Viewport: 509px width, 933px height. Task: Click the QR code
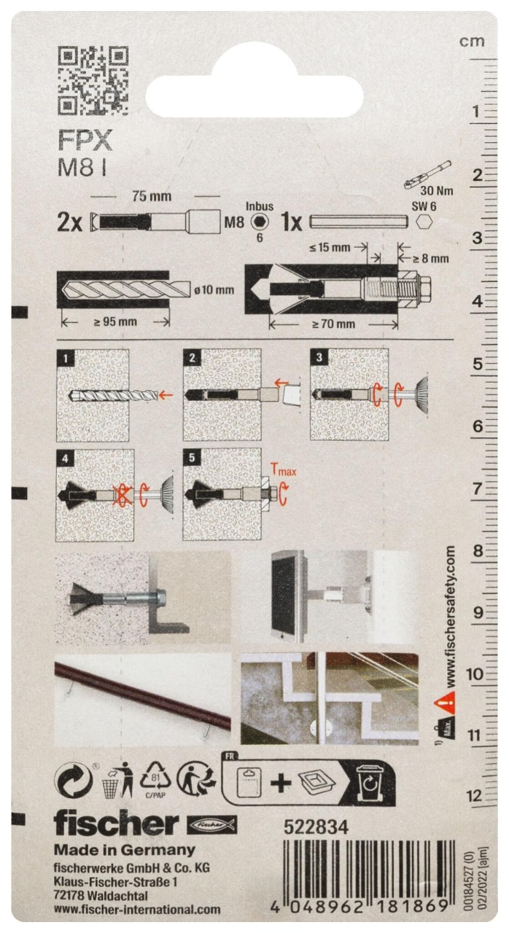click(x=93, y=81)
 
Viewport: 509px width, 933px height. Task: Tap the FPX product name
click(x=85, y=141)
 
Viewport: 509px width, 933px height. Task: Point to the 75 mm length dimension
click(x=152, y=196)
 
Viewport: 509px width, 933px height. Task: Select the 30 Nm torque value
click(x=436, y=191)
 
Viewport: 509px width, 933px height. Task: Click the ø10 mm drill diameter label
click(x=214, y=290)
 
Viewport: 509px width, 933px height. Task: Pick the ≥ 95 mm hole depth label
click(x=115, y=322)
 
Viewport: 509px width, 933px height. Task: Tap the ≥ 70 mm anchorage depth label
click(x=333, y=324)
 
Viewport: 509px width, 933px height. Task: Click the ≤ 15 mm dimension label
click(x=330, y=247)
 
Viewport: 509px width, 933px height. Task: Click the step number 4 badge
click(x=66, y=458)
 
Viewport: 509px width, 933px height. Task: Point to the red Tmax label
click(x=283, y=470)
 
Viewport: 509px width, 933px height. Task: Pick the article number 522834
click(x=316, y=827)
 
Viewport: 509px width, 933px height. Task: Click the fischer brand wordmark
click(x=116, y=823)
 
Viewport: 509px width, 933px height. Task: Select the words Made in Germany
click(x=125, y=849)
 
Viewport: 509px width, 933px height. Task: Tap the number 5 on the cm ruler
click(x=478, y=364)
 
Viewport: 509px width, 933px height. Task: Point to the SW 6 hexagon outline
click(x=424, y=222)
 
